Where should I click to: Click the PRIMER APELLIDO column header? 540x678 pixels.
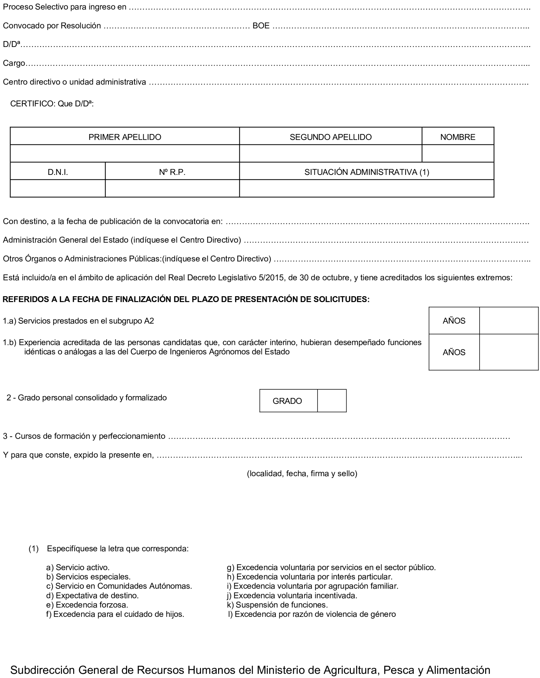coord(125,137)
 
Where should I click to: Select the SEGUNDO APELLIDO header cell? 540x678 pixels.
coord(330,137)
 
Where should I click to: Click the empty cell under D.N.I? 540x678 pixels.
coord(58,189)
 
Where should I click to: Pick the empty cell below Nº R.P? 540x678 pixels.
coord(172,189)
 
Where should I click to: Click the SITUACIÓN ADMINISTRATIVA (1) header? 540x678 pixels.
coord(367,172)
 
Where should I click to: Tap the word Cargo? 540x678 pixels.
coord(14,63)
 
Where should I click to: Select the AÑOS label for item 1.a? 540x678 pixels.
coord(454,321)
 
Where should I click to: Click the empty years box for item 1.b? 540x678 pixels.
coord(509,352)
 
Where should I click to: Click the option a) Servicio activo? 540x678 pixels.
coord(78,568)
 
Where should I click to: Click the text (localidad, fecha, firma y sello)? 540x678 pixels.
coord(302,474)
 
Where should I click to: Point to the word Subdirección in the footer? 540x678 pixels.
coord(42,670)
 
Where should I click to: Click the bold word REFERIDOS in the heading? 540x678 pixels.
coord(25,299)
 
